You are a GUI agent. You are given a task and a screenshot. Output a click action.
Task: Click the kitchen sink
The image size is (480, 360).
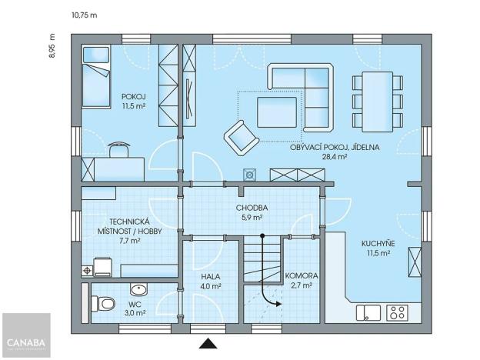click(x=368, y=312)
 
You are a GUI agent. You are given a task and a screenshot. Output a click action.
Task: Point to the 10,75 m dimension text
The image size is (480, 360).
click(x=84, y=15)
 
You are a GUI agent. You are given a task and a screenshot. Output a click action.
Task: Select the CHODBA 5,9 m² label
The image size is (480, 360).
click(x=252, y=212)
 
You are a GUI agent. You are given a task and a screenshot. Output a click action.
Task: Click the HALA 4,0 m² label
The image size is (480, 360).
click(x=212, y=281)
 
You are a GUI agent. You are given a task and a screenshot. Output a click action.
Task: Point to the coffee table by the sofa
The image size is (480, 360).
click(x=277, y=112)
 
